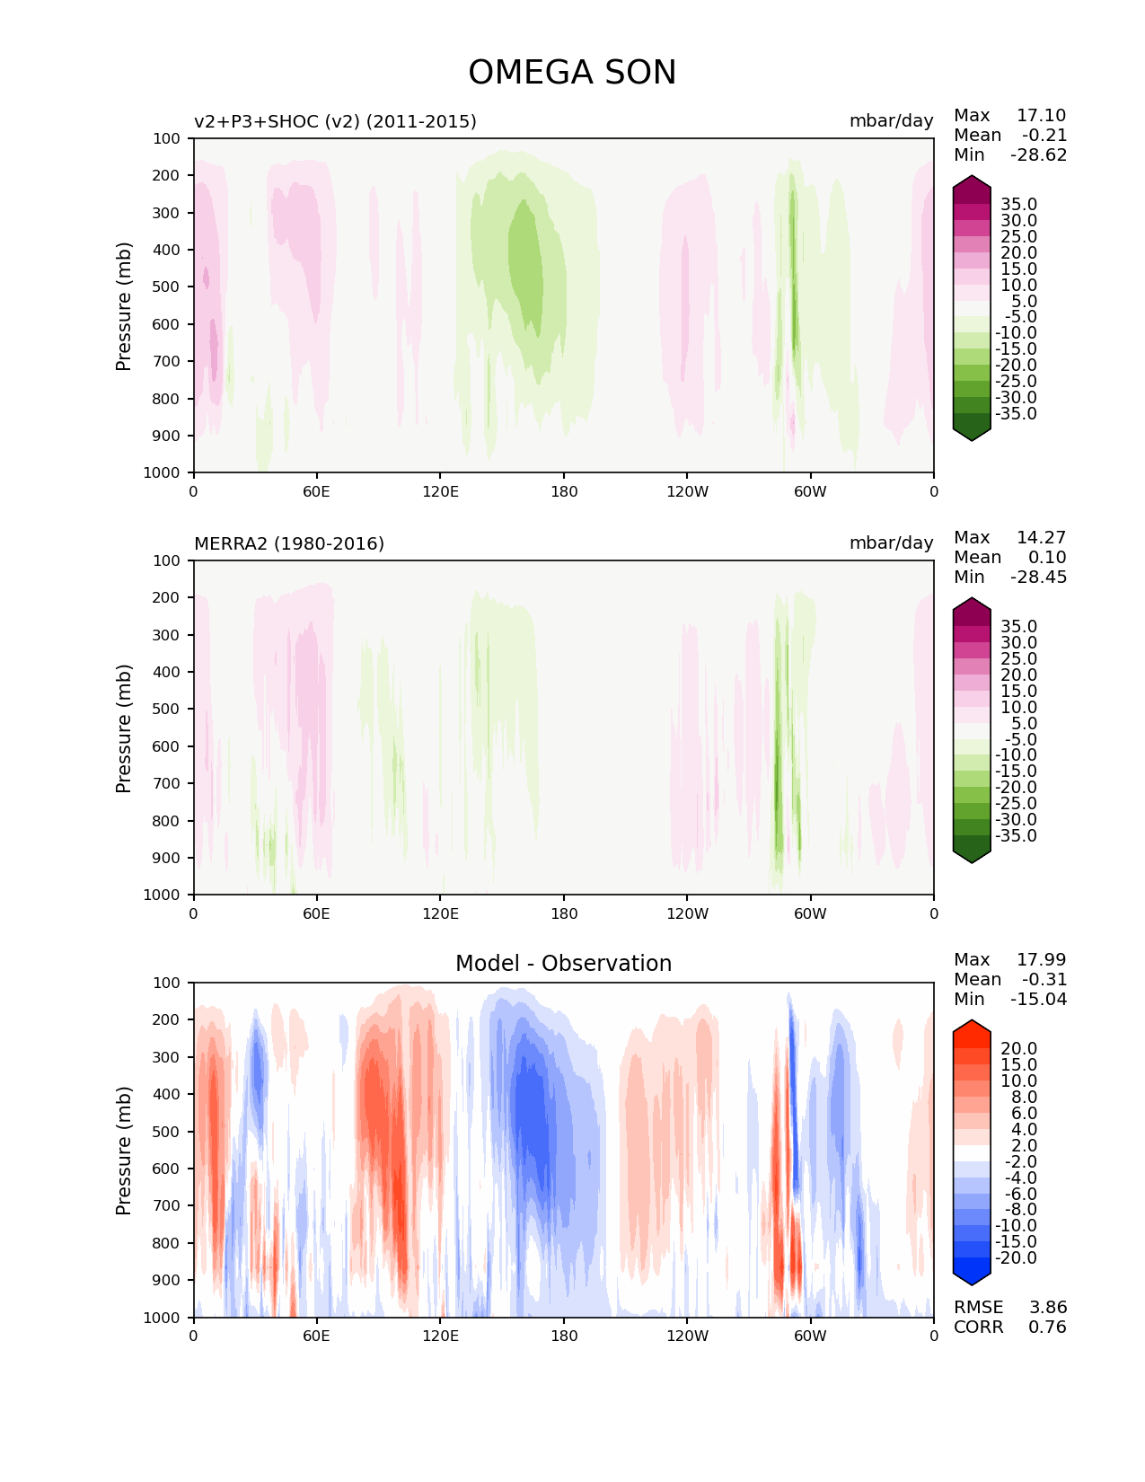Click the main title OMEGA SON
[x=572, y=73]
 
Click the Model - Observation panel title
[x=563, y=964]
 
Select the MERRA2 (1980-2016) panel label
[x=289, y=544]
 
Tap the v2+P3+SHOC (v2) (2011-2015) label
[x=335, y=122]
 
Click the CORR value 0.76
[x=1047, y=1328]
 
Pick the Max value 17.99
[x=1041, y=960]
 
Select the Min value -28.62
[x=1038, y=155]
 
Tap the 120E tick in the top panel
[x=440, y=491]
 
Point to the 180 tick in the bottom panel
[x=564, y=1336]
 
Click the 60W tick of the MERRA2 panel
[x=810, y=913]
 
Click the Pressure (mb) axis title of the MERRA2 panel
[x=124, y=728]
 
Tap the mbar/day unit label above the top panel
[x=891, y=121]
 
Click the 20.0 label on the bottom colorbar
[x=1018, y=1049]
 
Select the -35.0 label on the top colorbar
[x=1016, y=414]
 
